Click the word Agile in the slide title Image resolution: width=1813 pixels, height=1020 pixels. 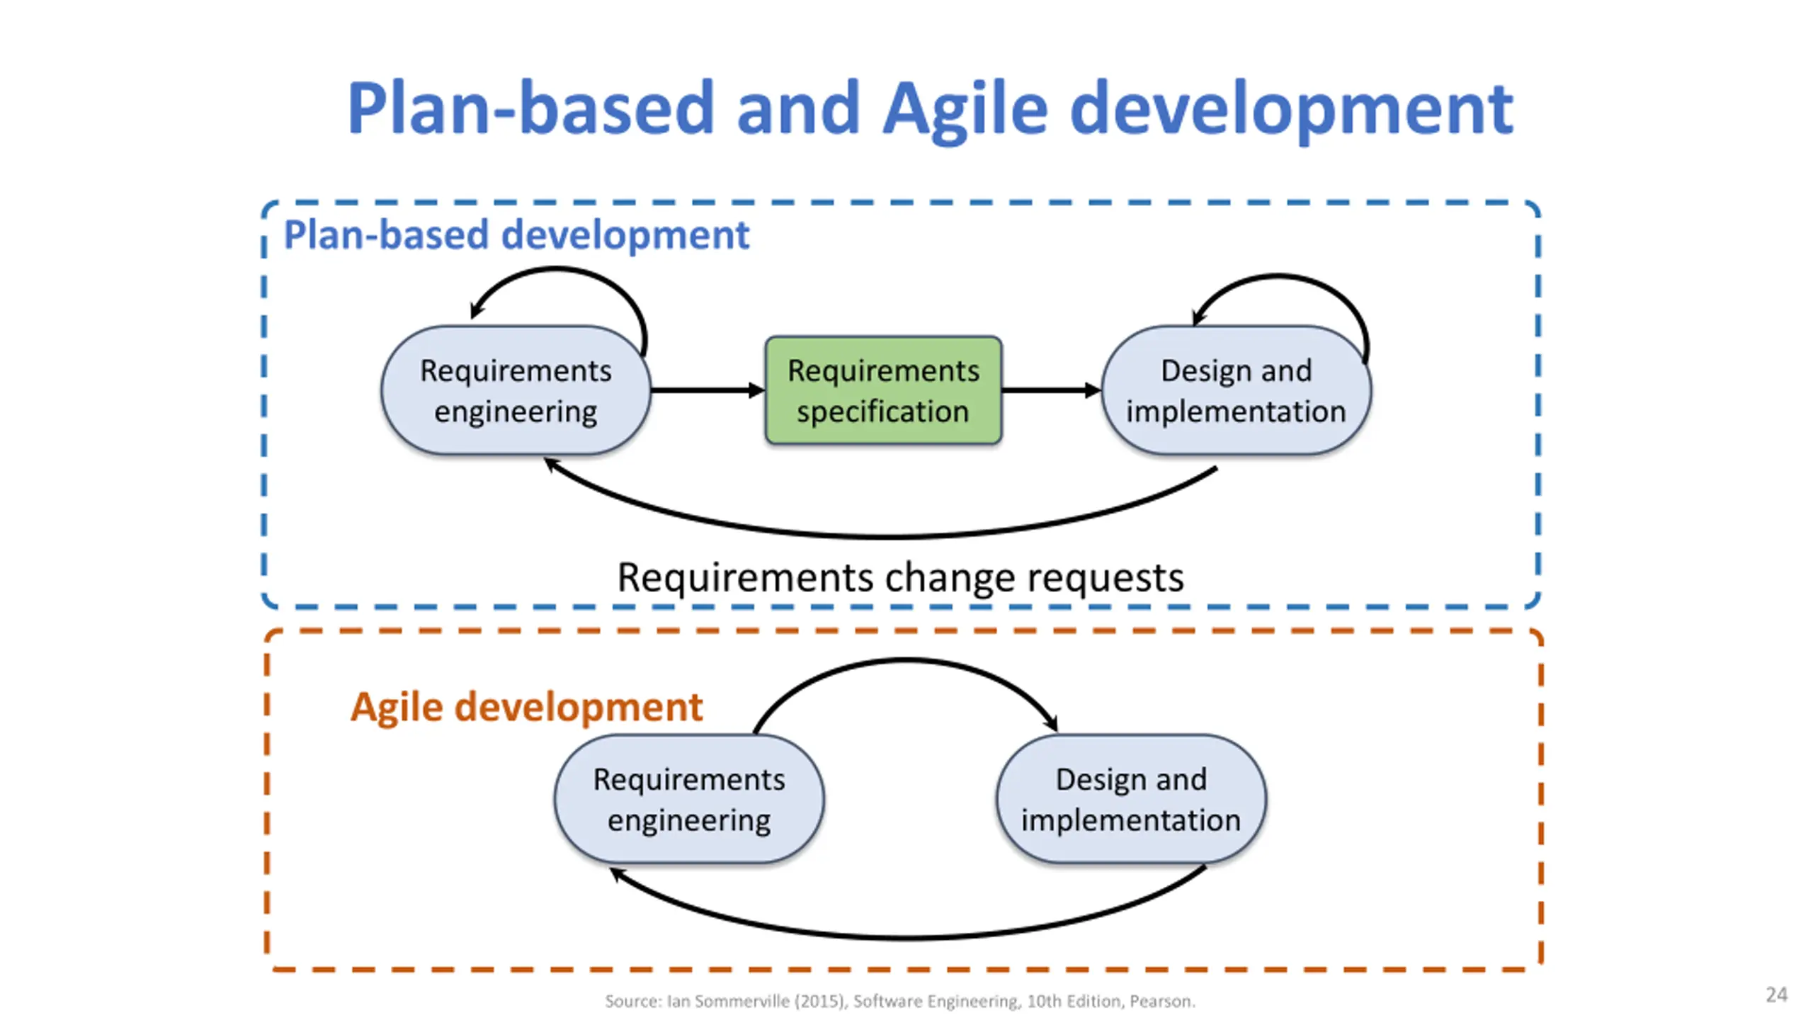965,110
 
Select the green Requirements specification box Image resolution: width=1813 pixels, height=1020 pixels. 883,391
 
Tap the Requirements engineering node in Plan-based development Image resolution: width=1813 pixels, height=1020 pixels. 516,391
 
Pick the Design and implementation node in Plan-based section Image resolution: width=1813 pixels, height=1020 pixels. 1236,391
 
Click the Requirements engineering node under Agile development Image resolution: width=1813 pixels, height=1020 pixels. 689,800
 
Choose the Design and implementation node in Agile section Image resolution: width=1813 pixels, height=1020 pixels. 1131,800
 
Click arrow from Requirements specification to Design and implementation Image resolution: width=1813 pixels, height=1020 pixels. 1050,390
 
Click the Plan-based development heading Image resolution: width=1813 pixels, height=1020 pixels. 516,234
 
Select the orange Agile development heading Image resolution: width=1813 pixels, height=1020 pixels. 526,707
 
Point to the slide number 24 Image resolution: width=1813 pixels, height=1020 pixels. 1776,995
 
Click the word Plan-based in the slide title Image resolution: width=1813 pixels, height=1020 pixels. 530,110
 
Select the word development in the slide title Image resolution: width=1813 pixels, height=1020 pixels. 1290,110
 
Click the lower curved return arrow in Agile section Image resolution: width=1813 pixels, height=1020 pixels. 906,936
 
